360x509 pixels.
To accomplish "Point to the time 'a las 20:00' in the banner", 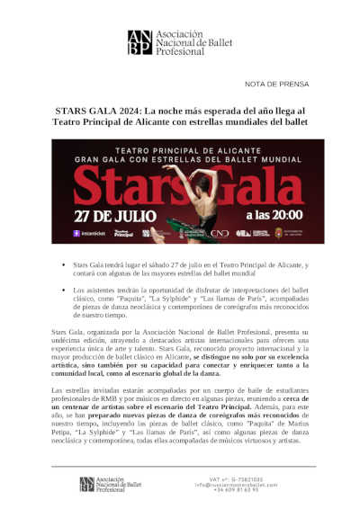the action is click(x=266, y=216).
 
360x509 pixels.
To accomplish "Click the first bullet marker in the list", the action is click(x=64, y=266).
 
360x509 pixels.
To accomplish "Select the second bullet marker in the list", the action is click(x=64, y=291).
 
